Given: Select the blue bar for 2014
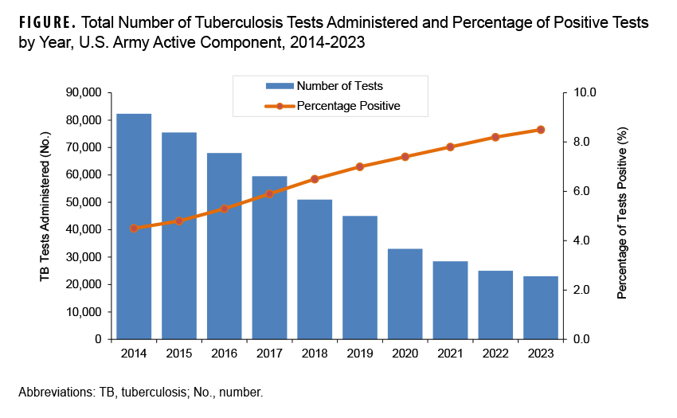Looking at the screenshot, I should point(134,226).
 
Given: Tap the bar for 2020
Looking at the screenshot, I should point(406,294).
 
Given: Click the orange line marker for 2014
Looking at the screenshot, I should point(134,228).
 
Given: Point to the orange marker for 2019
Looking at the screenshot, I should point(360,166).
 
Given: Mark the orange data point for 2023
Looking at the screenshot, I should point(541,129).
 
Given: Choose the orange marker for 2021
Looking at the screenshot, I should point(451,146).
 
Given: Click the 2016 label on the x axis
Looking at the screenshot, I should point(225,353).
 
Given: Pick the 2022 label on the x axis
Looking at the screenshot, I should point(496,353).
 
